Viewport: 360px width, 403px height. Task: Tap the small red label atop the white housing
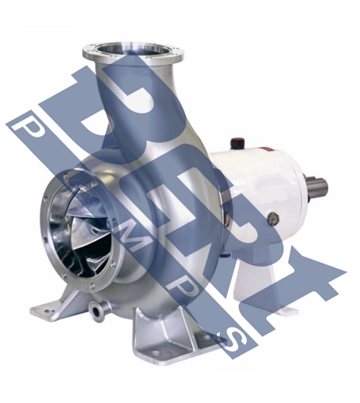266,148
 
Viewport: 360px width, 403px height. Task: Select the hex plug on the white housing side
273,219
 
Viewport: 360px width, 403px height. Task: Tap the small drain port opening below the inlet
96,312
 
